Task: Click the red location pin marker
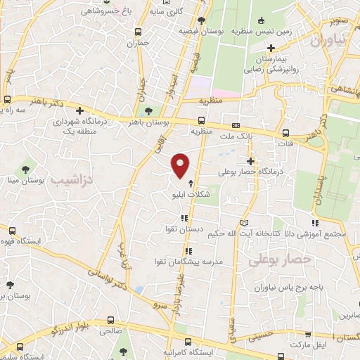(x=181, y=165)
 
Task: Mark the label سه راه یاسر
(x=18, y=111)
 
